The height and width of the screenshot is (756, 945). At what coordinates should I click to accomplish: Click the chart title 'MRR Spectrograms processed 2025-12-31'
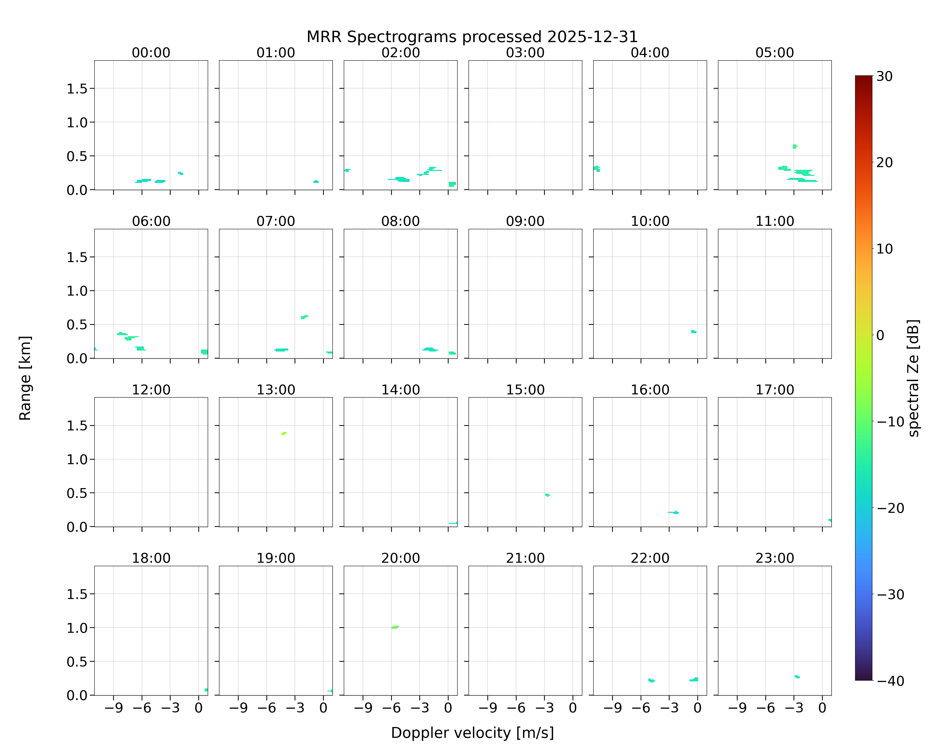click(x=472, y=37)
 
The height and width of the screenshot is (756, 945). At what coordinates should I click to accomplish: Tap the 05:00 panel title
click(x=774, y=53)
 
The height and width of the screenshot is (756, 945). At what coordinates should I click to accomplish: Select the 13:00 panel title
click(x=276, y=390)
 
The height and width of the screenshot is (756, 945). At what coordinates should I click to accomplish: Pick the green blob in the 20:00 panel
click(x=395, y=627)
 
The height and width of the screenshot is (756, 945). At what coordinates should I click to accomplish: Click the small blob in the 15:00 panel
click(x=547, y=495)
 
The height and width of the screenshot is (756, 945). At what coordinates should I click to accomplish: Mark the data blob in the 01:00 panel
click(x=316, y=181)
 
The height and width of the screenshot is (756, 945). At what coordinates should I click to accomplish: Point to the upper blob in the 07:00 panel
click(x=304, y=317)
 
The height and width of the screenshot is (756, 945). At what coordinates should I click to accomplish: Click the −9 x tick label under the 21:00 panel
click(x=488, y=708)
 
